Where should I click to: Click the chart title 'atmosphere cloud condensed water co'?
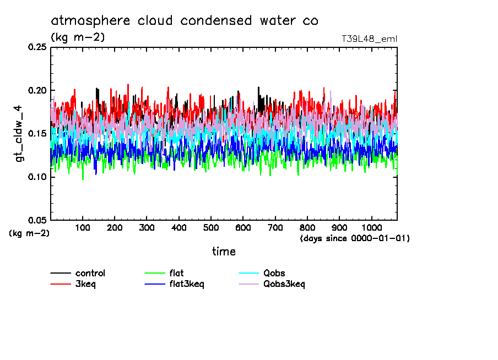coord(185,21)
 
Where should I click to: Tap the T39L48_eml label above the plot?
coord(369,39)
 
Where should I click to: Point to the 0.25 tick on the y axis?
coord(37,47)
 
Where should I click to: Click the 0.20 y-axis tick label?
coord(37,90)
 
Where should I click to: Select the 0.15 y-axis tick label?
coord(37,134)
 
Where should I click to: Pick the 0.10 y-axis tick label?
coord(37,177)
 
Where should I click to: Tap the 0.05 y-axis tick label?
coord(37,220)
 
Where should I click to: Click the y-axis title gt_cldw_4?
coord(20,134)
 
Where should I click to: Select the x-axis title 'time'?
coord(224,252)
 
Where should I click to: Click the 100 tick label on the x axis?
coord(83,228)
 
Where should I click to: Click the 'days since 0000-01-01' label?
coord(355,238)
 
